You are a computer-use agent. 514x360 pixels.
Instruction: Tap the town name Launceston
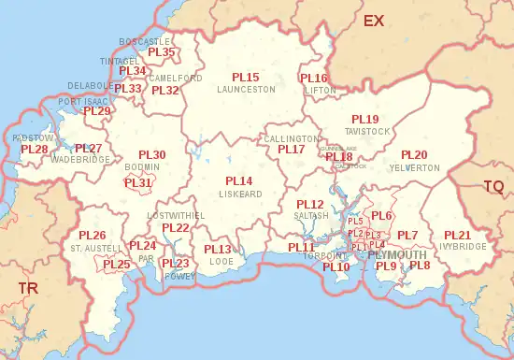[246, 90]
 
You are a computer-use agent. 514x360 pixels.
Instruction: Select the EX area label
[374, 21]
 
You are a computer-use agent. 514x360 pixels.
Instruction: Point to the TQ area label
[493, 187]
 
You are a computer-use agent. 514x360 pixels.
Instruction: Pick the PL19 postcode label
[364, 120]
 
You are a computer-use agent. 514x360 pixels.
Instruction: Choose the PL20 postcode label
[414, 155]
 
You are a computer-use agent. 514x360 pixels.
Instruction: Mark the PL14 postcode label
[238, 181]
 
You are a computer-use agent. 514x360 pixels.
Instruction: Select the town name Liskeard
[238, 194]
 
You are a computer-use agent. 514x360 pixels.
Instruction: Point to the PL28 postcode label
[34, 150]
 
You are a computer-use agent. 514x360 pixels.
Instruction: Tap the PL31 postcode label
[138, 182]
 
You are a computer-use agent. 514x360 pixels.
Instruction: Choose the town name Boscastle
[145, 42]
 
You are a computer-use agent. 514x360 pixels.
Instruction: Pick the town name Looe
[221, 262]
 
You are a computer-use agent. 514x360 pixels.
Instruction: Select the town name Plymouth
[396, 254]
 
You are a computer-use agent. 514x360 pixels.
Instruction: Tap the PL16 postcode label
[314, 78]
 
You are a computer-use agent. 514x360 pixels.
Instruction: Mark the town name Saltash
[311, 216]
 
